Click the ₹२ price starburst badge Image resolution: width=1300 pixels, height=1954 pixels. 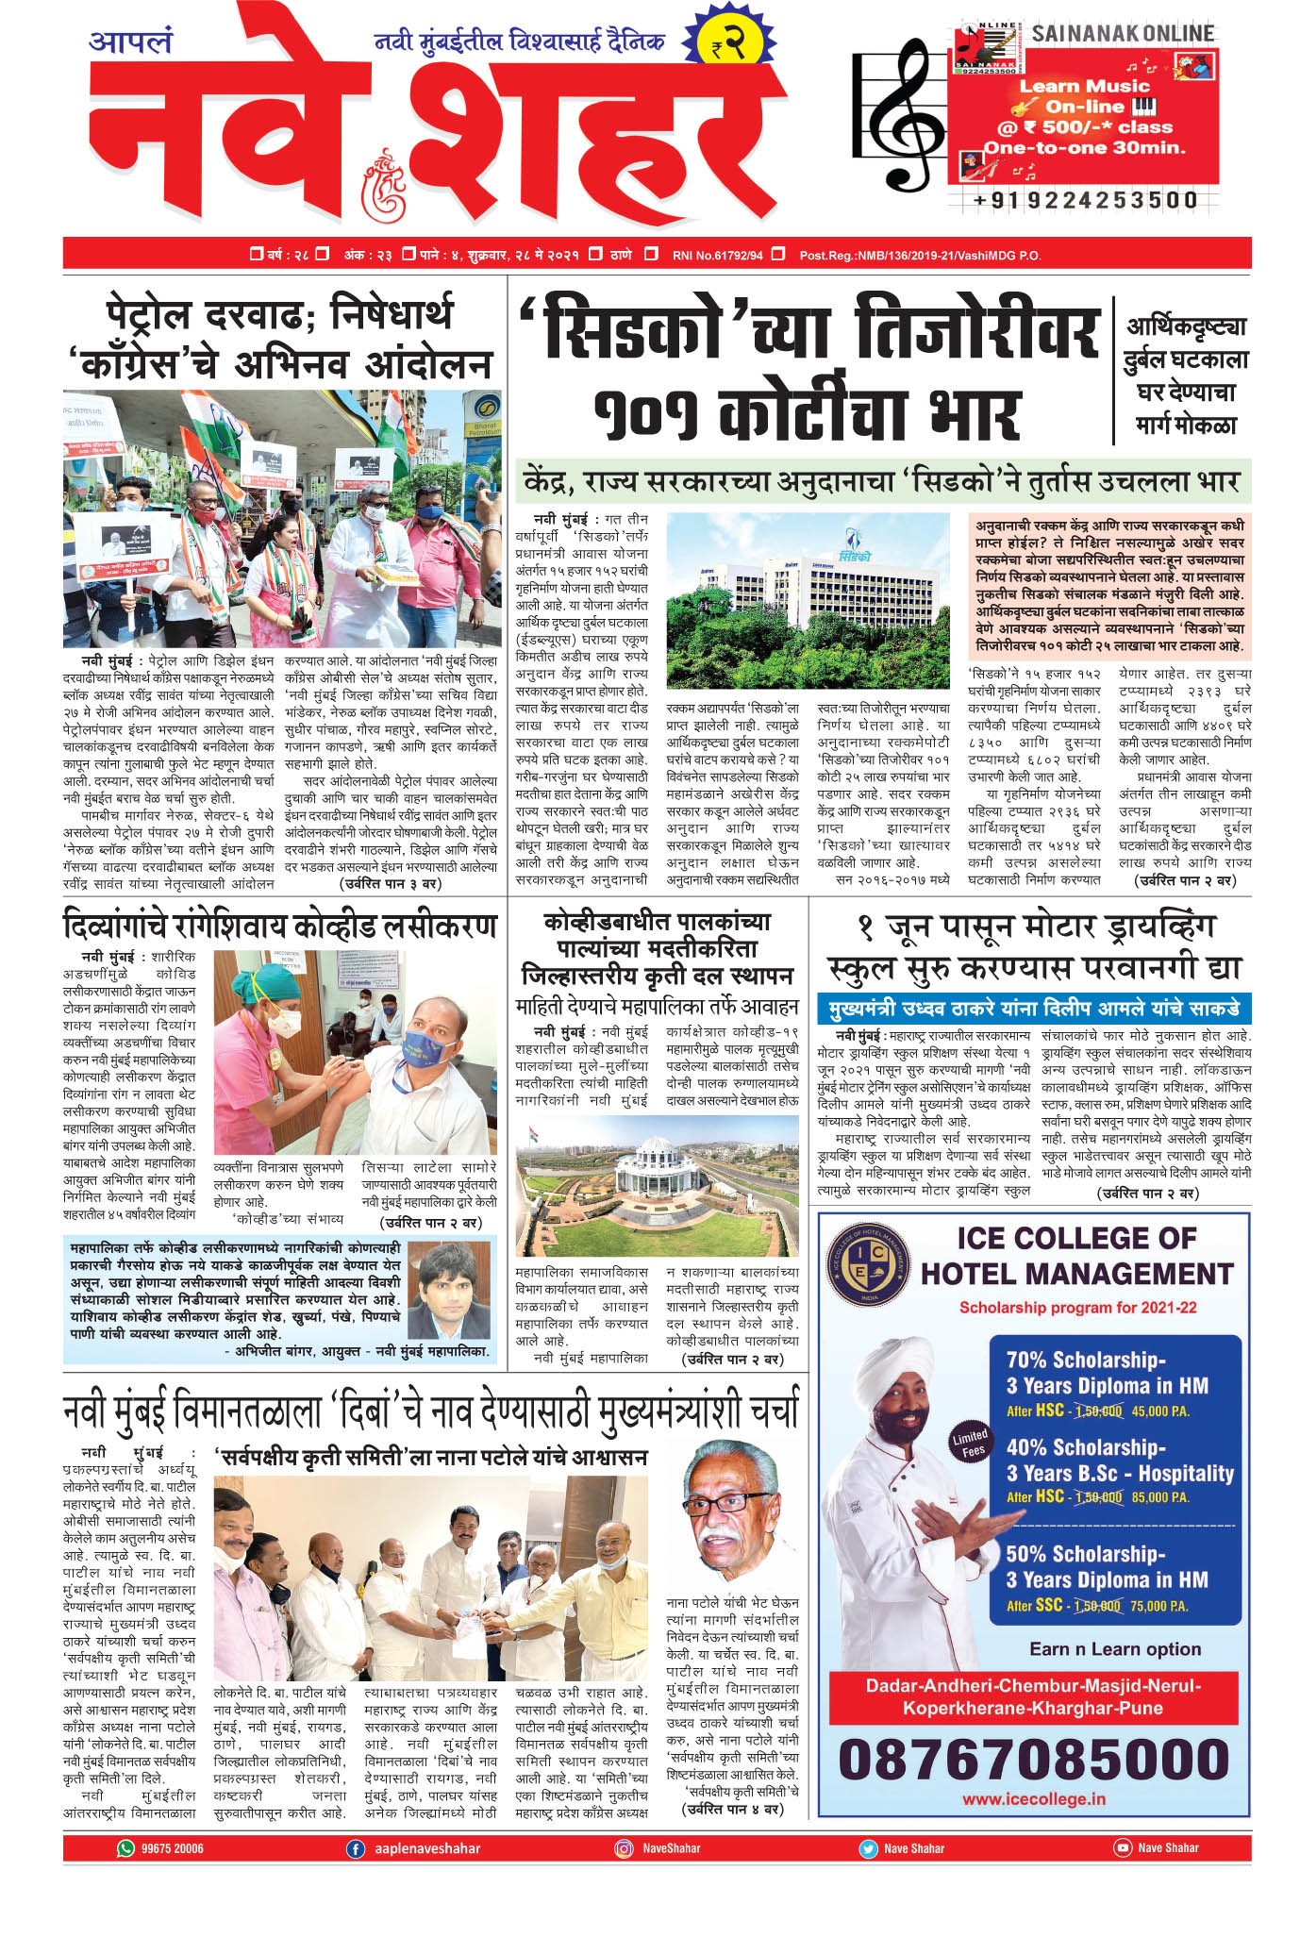(728, 43)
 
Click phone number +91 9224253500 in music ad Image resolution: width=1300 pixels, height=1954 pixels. (1085, 200)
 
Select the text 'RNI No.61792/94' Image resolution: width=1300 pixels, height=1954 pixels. (717, 255)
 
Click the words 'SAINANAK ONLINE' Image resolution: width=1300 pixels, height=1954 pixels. (1122, 34)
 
